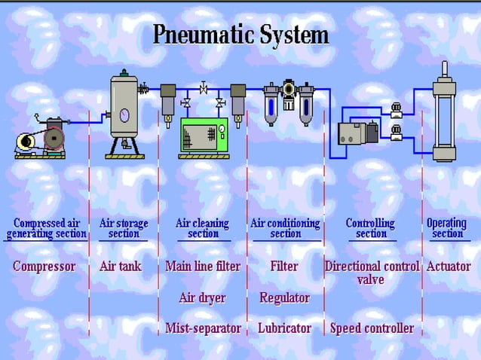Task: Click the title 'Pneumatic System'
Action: [240, 35]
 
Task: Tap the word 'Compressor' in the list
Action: [44, 267]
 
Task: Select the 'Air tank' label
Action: [121, 267]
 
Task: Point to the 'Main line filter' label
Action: [203, 267]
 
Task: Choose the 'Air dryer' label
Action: [202, 297]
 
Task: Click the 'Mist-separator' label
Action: [203, 328]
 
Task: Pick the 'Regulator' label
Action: [284, 297]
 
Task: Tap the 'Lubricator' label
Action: [284, 328]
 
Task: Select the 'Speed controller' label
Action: [372, 328]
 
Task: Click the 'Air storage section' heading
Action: [124, 228]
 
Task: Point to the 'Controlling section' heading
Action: [370, 228]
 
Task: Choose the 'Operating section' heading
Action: [447, 228]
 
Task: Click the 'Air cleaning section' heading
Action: [203, 228]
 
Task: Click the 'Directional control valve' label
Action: [372, 273]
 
